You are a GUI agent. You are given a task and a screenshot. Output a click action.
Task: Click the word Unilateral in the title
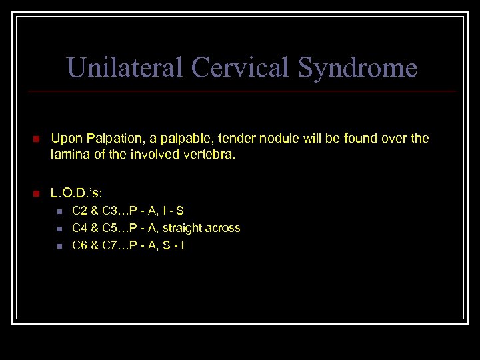coord(125,67)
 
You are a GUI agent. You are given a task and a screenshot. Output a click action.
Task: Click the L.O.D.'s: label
coord(77,193)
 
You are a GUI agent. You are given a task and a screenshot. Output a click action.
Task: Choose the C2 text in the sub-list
coord(79,211)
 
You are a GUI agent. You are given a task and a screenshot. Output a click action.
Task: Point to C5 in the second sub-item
coord(111,228)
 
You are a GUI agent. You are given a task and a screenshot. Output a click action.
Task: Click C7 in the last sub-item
coord(111,245)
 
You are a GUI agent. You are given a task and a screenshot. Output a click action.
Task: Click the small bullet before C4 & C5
coord(59,229)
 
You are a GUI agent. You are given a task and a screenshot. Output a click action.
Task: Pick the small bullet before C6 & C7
coord(59,246)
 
